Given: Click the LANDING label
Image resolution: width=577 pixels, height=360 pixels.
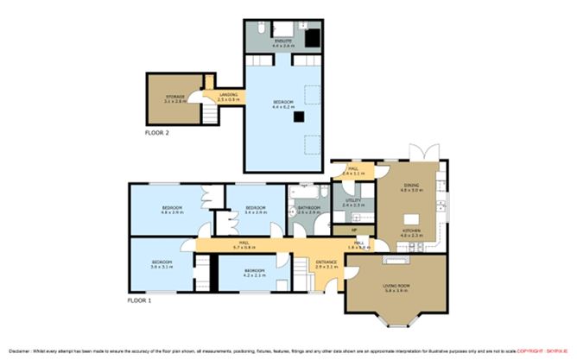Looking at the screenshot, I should point(228,96).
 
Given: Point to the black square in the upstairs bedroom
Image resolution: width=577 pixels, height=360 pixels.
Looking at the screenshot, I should point(296,116).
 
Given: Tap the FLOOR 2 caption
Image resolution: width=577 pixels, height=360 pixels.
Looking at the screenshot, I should point(157,134).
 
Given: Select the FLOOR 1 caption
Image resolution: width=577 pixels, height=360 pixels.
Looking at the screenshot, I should point(139,300).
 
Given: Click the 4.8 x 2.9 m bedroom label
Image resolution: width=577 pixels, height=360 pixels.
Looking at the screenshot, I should point(171,210).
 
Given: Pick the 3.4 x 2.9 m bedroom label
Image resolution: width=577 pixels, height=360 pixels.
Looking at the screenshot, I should point(254,210).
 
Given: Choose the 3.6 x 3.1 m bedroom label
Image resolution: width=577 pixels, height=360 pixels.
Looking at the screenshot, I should point(162,264).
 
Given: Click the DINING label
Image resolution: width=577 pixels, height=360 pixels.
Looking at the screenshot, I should point(410,186).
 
